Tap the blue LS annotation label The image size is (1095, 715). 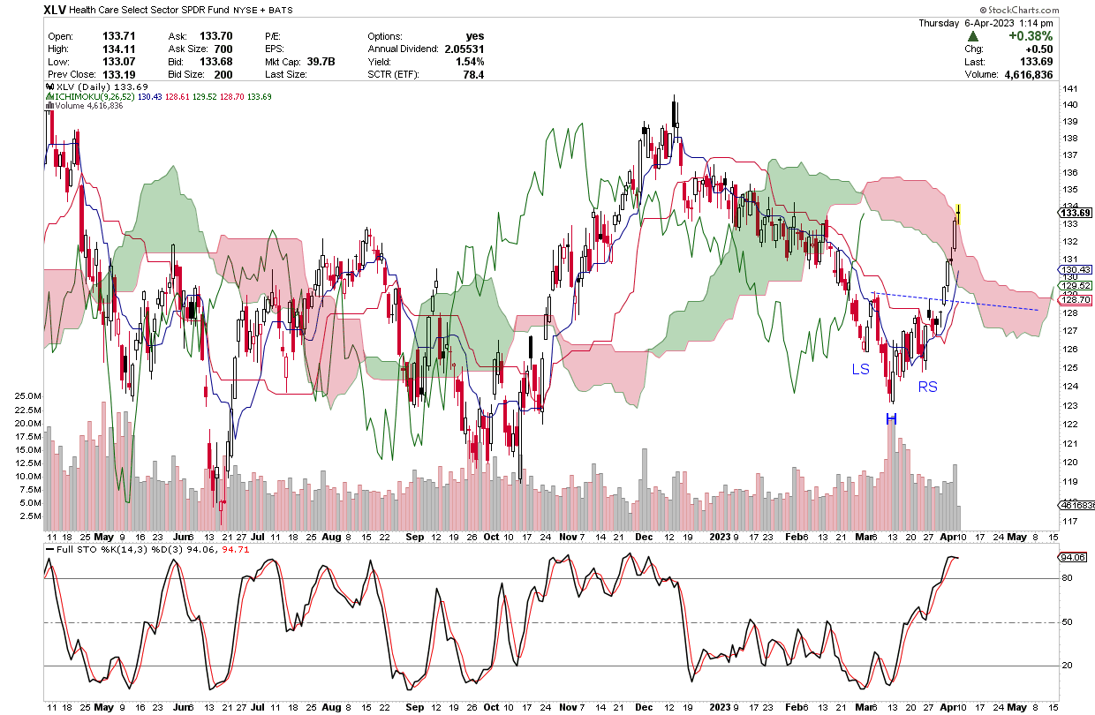(861, 369)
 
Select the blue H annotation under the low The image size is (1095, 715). (892, 418)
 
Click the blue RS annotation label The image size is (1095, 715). (927, 387)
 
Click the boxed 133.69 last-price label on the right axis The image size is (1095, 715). (1076, 212)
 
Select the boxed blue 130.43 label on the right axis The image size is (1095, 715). (1076, 269)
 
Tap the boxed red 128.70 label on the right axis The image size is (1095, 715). (1076, 300)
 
